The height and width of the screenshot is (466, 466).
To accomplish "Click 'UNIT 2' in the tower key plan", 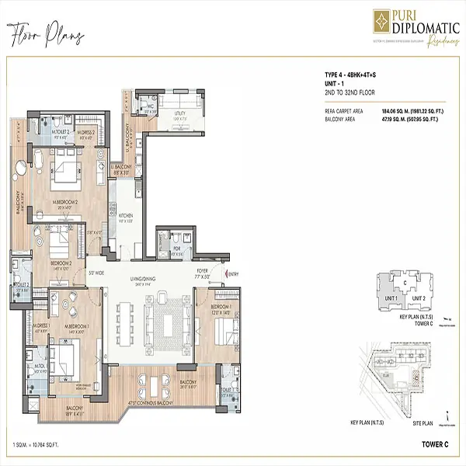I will click(x=419, y=299).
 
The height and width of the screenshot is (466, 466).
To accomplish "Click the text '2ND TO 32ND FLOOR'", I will click(x=350, y=92).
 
